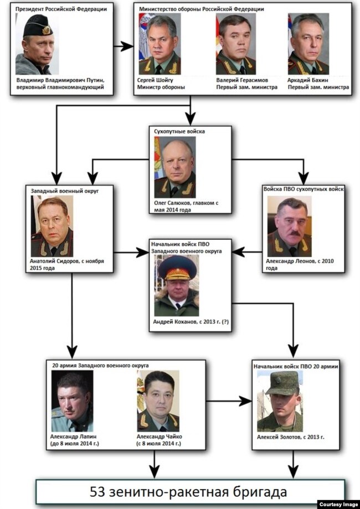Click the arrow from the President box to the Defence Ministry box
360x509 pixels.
click(x=124, y=47)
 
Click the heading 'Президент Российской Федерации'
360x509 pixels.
click(x=61, y=9)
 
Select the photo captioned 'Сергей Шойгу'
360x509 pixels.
click(x=160, y=44)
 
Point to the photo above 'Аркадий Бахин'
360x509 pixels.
click(x=308, y=44)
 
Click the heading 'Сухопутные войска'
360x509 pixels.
click(x=179, y=131)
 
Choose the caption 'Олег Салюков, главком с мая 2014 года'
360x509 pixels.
click(x=186, y=207)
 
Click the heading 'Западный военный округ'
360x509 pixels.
click(x=65, y=191)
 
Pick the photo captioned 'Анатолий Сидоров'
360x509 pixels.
click(x=52, y=226)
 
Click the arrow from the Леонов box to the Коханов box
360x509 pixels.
click(x=247, y=251)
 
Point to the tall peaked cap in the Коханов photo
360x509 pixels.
click(x=178, y=268)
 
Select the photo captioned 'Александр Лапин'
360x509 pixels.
click(x=72, y=401)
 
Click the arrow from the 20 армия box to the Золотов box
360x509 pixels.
click(x=229, y=401)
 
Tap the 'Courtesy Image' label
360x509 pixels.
click(x=338, y=504)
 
